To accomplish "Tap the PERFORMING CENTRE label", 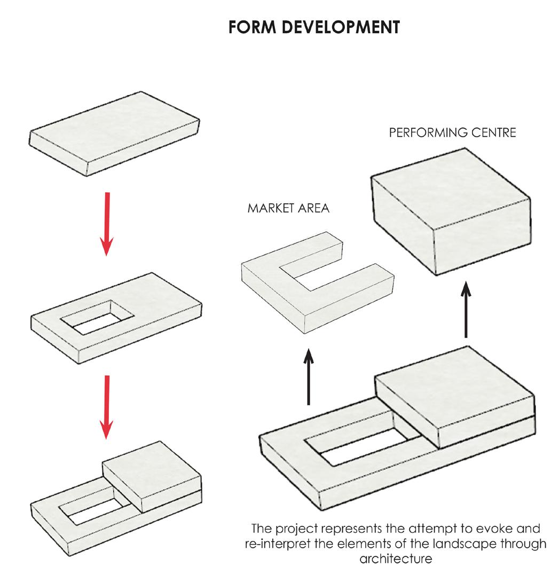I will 453,132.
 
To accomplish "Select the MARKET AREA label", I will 288,208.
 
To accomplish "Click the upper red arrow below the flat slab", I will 107,223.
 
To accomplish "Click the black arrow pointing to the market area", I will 309,376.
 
